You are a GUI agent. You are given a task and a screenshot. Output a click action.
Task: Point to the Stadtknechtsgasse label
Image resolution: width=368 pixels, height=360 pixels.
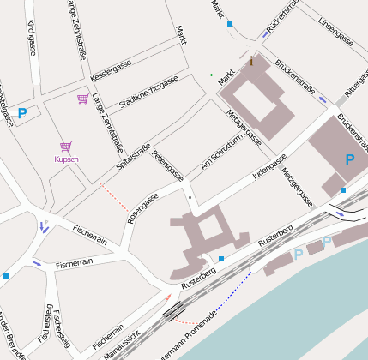pos(148,92)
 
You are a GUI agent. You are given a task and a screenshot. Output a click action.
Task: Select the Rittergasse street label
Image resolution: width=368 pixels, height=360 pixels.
pos(355,81)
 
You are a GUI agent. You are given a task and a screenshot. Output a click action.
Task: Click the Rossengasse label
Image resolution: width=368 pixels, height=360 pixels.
pos(142,209)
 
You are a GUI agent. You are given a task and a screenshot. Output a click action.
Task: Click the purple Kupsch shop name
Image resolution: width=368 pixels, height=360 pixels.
pos(66,159)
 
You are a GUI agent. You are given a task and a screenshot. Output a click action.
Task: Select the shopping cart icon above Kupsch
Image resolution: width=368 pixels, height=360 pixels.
pos(65,147)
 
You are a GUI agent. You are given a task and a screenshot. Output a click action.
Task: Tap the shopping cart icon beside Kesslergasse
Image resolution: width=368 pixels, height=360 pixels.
pos(82,99)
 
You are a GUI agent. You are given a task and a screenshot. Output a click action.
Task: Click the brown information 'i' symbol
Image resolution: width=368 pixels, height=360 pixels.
pos(251,61)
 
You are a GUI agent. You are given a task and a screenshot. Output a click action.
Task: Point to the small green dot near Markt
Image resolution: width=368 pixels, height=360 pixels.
pos(211,75)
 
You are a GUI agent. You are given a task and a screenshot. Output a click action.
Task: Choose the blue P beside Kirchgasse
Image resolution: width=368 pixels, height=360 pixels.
pos(22,112)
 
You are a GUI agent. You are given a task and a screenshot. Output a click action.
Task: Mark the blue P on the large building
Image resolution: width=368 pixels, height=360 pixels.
pos(349,159)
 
